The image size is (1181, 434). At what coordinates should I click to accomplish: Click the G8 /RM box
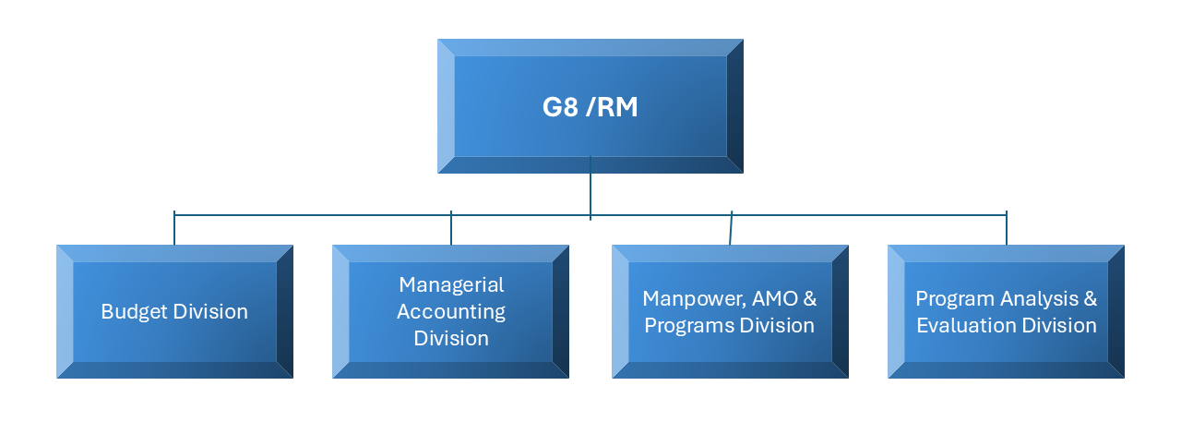click(590, 106)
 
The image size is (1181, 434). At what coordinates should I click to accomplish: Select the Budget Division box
click(174, 311)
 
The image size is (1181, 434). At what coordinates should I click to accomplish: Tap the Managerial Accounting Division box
click(451, 311)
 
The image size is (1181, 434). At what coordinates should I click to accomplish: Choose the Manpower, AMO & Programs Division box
click(730, 311)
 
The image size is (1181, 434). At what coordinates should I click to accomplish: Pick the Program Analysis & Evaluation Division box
click(1006, 311)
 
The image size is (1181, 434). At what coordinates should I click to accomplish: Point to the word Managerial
click(451, 284)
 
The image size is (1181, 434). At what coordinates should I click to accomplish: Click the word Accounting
click(451, 311)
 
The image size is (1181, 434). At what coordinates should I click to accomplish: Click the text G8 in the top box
click(559, 107)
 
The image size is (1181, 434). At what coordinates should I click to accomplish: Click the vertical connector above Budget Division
click(174, 230)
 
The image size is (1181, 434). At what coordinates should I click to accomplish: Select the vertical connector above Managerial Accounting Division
click(451, 230)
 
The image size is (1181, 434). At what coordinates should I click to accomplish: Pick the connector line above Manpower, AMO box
click(731, 230)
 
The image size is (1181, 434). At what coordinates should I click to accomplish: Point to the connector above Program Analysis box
click(1007, 230)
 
